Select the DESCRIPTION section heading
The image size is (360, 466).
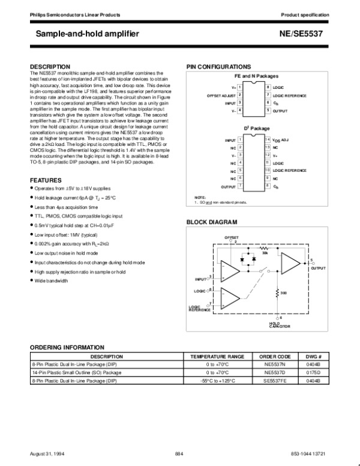(54, 66)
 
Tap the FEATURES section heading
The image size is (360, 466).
(46, 180)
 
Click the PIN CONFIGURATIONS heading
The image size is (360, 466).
(218, 66)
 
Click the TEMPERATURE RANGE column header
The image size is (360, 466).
(217, 356)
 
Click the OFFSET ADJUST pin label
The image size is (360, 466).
(221, 95)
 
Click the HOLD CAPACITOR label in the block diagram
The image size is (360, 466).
(280, 325)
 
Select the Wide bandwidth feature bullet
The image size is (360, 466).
(51, 280)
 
